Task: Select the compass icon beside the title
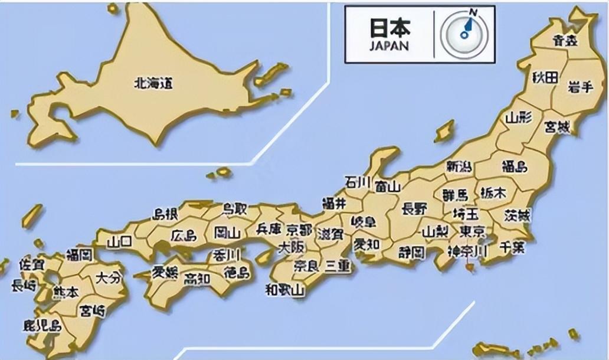[x=464, y=35]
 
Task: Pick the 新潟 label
[x=459, y=166]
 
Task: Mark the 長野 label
[x=415, y=208]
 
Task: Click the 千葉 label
[x=511, y=247]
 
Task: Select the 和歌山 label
[x=284, y=290]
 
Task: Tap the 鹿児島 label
[x=41, y=325]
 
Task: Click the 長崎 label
[x=24, y=286]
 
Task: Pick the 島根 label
[x=165, y=214]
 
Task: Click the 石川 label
[x=358, y=181]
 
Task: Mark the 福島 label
[x=513, y=166]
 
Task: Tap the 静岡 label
[x=411, y=253]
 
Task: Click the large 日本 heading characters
[x=389, y=27]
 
